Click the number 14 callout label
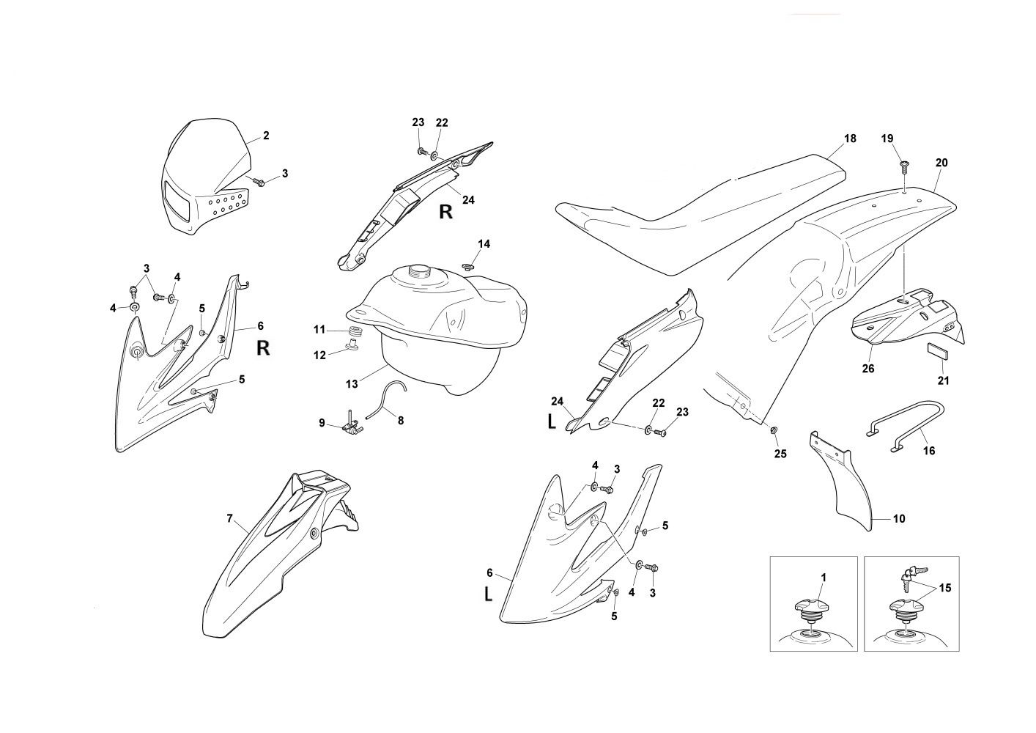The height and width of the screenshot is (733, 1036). point(484,243)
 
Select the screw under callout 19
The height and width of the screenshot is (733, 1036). point(905,163)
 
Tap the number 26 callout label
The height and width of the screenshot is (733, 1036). point(868,369)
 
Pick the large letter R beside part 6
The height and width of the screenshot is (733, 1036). point(263,348)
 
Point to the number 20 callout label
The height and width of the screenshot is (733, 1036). point(941,163)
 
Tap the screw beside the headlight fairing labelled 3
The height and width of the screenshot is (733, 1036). point(258,180)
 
